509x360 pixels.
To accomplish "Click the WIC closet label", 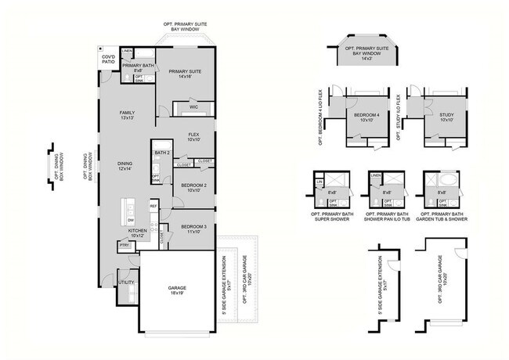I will (193, 106).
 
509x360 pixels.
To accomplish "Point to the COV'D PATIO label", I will (106, 61).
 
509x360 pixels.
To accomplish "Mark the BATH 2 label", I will (162, 152).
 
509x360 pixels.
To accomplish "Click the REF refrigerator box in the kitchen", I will (153, 206).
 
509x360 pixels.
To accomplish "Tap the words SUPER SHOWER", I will (324, 219).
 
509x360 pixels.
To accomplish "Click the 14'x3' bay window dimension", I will (368, 57).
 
